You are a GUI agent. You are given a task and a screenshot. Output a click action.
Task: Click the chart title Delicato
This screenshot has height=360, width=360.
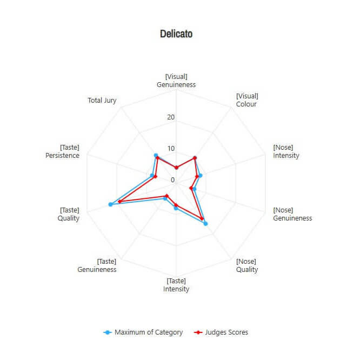click(176, 34)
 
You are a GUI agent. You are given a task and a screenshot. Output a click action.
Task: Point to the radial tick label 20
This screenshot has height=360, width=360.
click(171, 117)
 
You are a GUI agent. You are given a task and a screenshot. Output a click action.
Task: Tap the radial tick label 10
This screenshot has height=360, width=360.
click(171, 149)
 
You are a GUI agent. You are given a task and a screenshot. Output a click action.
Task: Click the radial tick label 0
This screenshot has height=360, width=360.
click(173, 180)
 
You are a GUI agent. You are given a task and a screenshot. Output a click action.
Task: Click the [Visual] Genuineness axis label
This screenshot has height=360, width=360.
click(176, 81)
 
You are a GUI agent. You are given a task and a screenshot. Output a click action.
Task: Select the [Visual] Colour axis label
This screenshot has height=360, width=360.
click(246, 100)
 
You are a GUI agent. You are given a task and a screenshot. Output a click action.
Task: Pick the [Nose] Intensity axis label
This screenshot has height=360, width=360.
click(286, 151)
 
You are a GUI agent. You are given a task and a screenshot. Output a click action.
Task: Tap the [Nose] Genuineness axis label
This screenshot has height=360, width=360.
click(292, 214)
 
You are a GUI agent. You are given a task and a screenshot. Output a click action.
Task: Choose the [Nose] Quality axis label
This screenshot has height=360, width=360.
click(246, 265)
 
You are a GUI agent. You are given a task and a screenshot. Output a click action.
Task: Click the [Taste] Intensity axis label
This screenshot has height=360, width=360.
click(176, 285)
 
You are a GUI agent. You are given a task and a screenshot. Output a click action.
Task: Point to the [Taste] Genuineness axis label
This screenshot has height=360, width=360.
click(97, 265)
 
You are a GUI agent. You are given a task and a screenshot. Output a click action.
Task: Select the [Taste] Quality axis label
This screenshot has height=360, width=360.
click(69, 214)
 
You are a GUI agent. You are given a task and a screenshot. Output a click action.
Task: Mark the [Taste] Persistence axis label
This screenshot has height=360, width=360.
click(63, 151)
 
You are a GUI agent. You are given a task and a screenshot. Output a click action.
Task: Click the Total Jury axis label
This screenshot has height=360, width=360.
click(102, 101)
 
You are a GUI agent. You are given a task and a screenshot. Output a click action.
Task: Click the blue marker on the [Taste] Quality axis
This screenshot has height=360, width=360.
click(111, 204)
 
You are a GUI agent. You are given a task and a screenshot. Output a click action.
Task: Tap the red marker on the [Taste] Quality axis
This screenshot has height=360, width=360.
click(119, 202)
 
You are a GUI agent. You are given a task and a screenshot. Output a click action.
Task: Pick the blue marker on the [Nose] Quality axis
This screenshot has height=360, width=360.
click(206, 223)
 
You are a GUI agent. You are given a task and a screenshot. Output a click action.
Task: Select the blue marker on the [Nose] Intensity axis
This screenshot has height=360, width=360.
click(201, 175)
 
